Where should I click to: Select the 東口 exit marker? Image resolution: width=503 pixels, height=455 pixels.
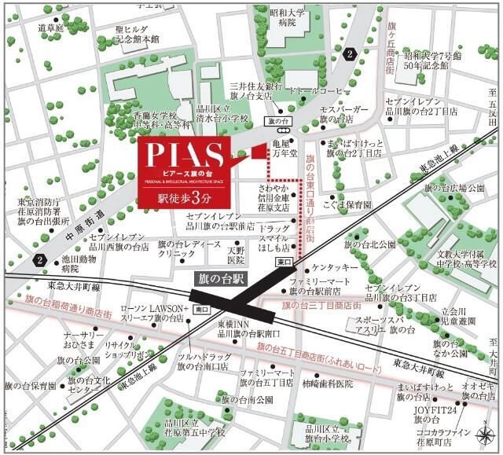click(283, 260)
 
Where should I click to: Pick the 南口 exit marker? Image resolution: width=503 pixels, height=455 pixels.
click(201, 309)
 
